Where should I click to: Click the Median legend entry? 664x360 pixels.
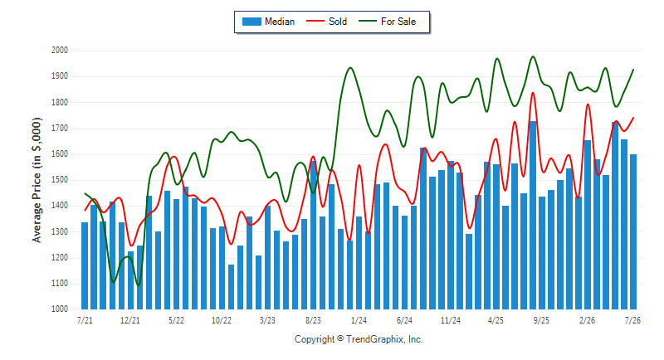click(x=268, y=22)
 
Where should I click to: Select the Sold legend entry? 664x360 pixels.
click(x=326, y=22)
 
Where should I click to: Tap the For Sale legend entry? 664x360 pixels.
click(x=387, y=22)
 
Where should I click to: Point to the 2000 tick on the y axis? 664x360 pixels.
click(x=60, y=51)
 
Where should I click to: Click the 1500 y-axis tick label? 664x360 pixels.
click(x=60, y=180)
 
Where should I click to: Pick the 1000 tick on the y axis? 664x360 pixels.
click(x=60, y=309)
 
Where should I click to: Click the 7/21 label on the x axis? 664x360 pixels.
click(x=85, y=320)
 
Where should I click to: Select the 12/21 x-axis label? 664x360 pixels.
click(x=130, y=320)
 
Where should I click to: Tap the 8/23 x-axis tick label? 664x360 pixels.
click(x=313, y=320)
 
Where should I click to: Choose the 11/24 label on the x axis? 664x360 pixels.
click(x=450, y=320)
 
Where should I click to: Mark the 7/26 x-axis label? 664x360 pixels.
click(x=632, y=320)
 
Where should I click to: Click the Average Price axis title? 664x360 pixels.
click(x=37, y=180)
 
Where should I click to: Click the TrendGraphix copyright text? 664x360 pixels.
click(x=359, y=339)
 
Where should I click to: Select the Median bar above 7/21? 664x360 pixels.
click(x=85, y=265)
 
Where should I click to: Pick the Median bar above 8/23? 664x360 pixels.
click(x=314, y=236)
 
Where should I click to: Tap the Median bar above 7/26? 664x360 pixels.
click(x=633, y=231)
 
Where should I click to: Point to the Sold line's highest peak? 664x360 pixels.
click(x=533, y=93)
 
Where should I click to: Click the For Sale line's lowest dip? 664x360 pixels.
click(x=139, y=285)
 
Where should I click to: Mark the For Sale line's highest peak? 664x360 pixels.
click(x=533, y=56)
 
